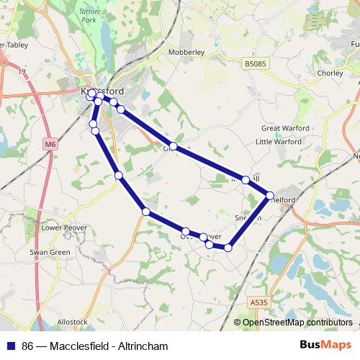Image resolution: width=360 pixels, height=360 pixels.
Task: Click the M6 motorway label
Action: click(x=50, y=144)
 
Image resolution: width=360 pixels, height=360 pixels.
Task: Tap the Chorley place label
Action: click(x=330, y=73)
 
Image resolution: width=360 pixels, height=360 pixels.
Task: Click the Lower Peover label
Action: click(x=64, y=228)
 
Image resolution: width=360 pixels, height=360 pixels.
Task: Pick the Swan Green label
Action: click(x=50, y=253)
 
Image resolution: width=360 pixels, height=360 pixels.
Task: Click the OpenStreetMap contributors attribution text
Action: click(x=297, y=323)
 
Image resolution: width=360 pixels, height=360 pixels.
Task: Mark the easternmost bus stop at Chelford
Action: click(x=270, y=195)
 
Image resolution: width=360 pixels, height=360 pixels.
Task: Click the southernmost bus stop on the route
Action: click(x=228, y=248)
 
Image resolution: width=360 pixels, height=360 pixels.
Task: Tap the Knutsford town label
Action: click(x=102, y=92)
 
